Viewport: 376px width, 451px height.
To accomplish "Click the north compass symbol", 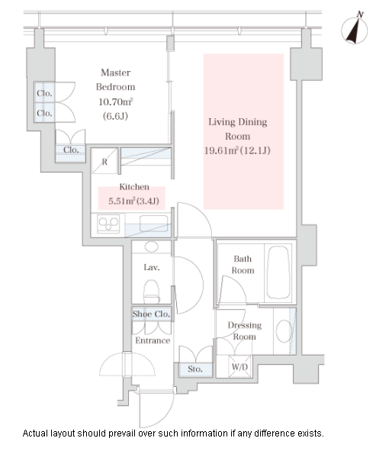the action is point(355,29).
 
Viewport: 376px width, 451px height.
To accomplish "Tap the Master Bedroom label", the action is point(115,79).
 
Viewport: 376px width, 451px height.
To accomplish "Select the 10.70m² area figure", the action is point(116,101).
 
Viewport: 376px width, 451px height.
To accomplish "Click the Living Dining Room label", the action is point(238,129).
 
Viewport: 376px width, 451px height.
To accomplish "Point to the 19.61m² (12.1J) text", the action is point(237,150).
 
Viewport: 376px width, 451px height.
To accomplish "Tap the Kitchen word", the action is point(134,187).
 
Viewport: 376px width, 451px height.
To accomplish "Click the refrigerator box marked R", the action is point(104,161).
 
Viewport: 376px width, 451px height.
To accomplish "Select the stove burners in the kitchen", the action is point(108,224).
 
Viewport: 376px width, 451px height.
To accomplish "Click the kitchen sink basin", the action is point(154,223).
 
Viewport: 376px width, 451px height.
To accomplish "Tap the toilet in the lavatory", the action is point(151,292).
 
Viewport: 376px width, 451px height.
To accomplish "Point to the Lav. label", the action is point(152,268).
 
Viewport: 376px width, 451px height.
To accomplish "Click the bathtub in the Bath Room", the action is point(278,272).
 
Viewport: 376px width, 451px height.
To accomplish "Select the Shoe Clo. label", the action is point(151,314).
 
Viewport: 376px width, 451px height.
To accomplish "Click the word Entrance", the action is point(153,340).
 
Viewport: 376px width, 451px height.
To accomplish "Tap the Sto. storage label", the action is point(195,369).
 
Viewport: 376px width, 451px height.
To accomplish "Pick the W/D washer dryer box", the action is point(239,366).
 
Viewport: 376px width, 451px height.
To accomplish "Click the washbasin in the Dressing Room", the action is point(284,331).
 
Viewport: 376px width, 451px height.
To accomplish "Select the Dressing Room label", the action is point(244,330).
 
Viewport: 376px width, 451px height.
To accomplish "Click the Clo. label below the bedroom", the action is point(71,150).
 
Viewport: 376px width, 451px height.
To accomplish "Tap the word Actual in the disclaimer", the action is point(35,433).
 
